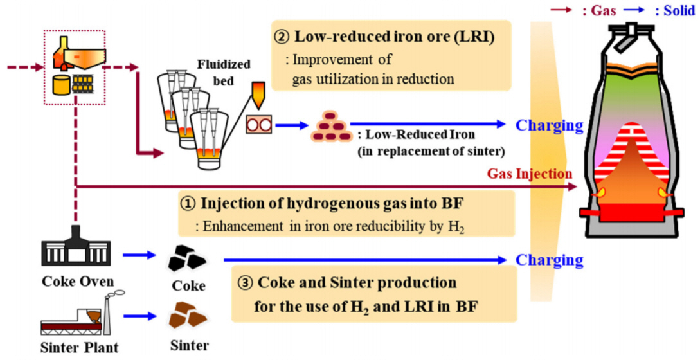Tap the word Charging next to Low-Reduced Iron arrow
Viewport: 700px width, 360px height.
point(549,125)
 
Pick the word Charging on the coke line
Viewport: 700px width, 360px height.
point(549,260)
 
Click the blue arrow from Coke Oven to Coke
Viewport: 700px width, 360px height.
point(139,256)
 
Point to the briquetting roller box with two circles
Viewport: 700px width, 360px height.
point(259,124)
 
